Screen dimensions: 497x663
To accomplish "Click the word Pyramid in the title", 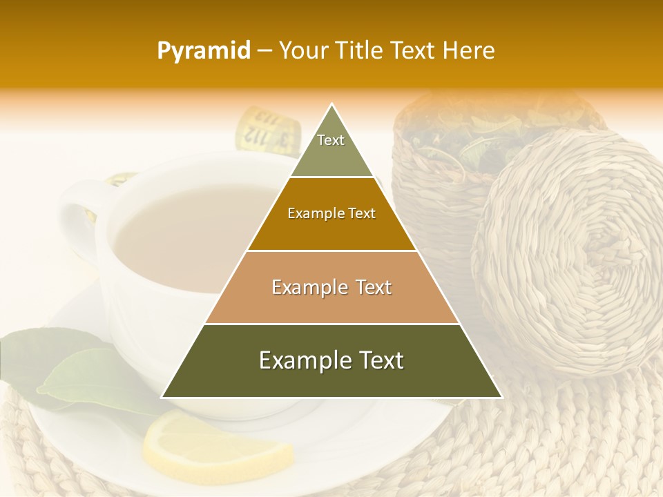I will (x=203, y=51).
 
